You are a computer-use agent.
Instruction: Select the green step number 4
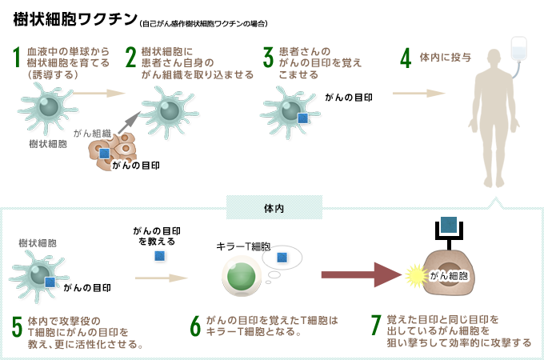click(x=406, y=58)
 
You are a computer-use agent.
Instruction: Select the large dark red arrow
click(x=360, y=275)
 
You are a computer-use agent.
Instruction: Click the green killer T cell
click(x=240, y=276)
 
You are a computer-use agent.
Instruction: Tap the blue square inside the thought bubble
click(x=281, y=258)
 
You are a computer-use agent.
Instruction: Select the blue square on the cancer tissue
click(x=104, y=154)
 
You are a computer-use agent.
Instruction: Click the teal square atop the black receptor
click(x=449, y=226)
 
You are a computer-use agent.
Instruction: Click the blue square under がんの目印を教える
click(x=160, y=256)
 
